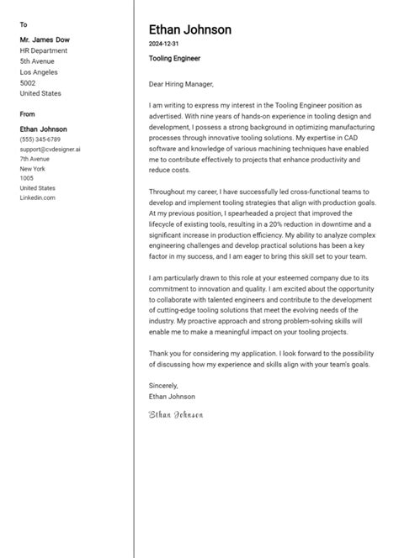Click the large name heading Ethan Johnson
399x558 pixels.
[x=189, y=30]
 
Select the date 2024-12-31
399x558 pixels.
[x=163, y=44]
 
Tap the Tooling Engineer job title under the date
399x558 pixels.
[x=175, y=59]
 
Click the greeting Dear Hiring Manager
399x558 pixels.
[x=181, y=84]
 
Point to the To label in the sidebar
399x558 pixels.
[x=23, y=24]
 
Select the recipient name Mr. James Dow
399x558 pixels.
[x=44, y=39]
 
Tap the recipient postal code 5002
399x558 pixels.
[x=28, y=83]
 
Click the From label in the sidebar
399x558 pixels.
[x=27, y=113]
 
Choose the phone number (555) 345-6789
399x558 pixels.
[x=40, y=139]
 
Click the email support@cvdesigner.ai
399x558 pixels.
[x=50, y=149]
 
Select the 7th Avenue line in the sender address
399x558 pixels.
[x=35, y=159]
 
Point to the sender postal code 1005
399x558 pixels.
[x=27, y=178]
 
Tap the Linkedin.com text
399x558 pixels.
[x=37, y=197]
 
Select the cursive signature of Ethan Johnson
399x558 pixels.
[x=175, y=414]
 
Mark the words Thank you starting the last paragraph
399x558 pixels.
[x=165, y=353]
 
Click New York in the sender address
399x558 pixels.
[x=34, y=168]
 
